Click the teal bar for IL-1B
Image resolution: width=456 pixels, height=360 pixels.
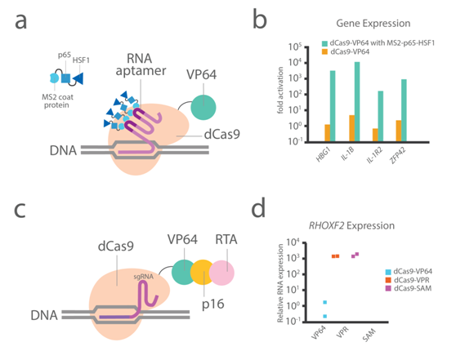[357, 102]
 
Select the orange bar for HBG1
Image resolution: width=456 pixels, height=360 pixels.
[328, 133]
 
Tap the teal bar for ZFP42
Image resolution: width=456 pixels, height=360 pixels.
[404, 110]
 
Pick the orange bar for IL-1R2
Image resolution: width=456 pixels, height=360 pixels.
[375, 136]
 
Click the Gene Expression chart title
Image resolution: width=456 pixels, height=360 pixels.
[373, 23]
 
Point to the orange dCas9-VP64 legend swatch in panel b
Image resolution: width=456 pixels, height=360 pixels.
[324, 51]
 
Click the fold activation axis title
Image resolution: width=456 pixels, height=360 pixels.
[280, 91]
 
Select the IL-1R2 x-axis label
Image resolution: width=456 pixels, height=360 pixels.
[374, 155]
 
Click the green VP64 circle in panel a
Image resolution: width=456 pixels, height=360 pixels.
[203, 107]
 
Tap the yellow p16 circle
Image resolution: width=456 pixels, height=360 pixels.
[203, 273]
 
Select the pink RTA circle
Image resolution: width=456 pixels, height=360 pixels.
[221, 273]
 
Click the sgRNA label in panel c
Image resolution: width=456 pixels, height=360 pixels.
[143, 277]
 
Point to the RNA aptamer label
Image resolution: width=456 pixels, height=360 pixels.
[141, 64]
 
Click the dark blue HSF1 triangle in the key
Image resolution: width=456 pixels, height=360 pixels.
[78, 78]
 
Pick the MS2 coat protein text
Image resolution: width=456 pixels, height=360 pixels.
[57, 101]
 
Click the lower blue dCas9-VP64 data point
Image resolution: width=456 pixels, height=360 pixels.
[325, 316]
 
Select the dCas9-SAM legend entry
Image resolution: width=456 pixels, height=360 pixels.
[409, 288]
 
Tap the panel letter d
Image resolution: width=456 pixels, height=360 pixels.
[258, 207]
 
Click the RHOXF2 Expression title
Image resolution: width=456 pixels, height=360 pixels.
[351, 225]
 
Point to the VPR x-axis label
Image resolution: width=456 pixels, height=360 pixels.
[342, 332]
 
